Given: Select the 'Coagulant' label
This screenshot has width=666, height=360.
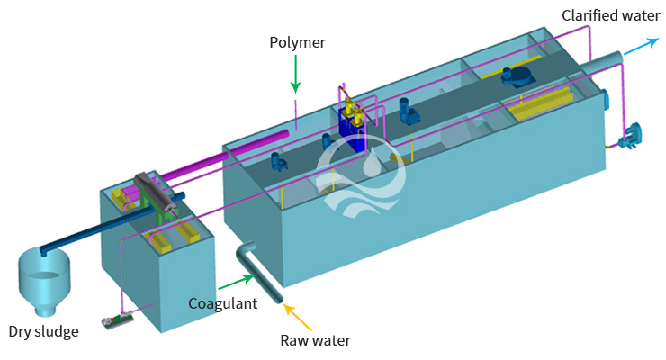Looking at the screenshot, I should (x=222, y=303).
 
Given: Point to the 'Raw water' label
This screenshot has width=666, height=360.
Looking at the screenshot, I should (x=314, y=339).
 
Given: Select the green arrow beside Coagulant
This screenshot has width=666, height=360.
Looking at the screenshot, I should (x=255, y=289).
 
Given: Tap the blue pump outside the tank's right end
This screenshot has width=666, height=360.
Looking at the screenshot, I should (x=626, y=136).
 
